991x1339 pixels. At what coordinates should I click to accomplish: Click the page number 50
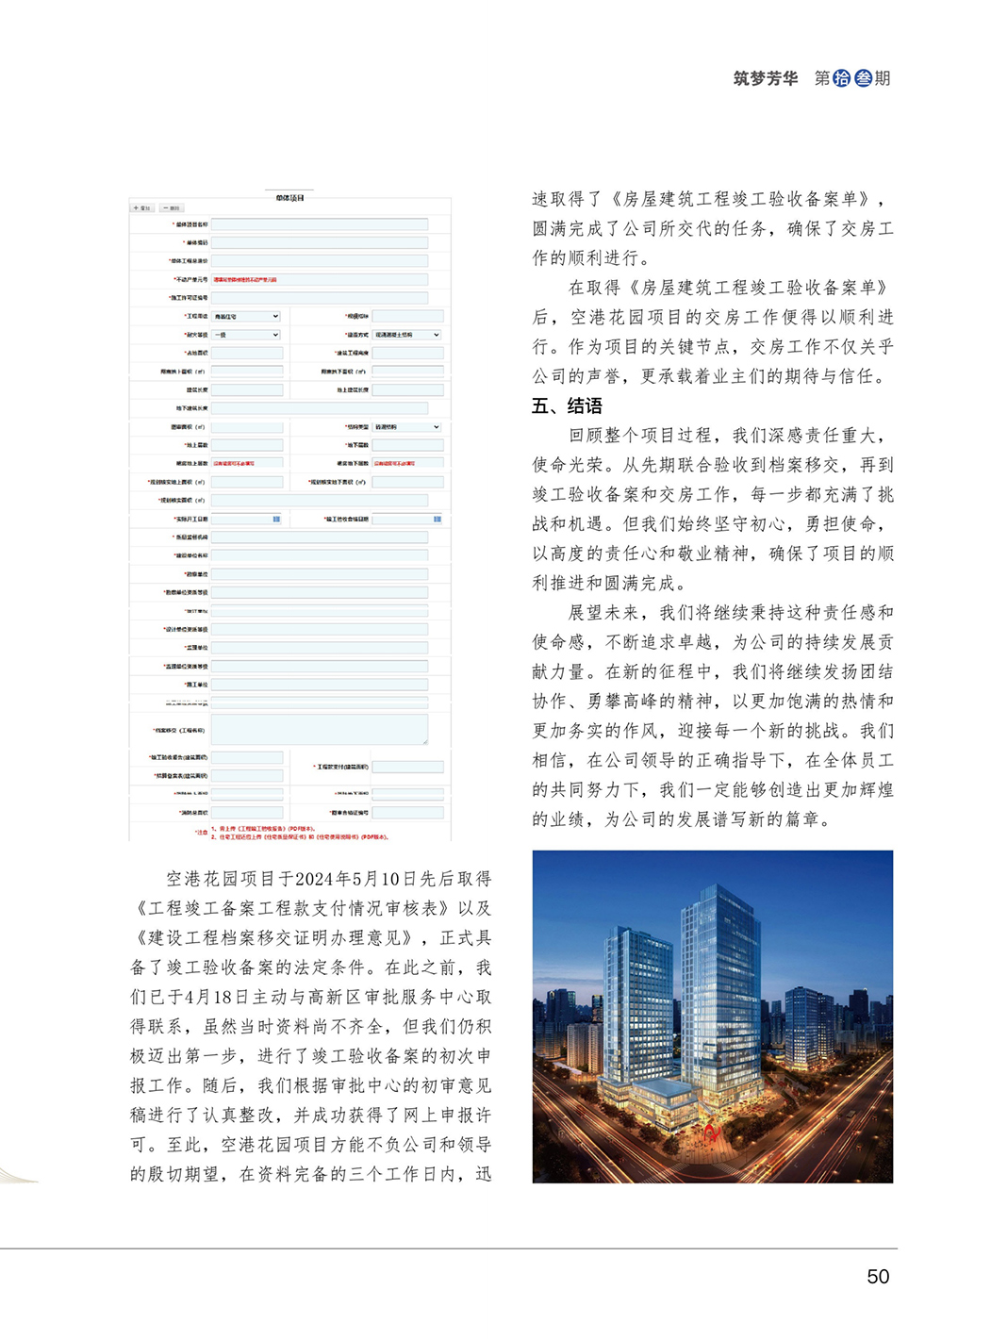[877, 1276]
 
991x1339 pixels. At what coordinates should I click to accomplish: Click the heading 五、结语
[567, 406]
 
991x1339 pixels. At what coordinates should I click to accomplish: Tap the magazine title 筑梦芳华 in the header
[765, 78]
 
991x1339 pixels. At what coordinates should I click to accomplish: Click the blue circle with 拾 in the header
[842, 78]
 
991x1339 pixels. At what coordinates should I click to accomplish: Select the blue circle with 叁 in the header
[863, 78]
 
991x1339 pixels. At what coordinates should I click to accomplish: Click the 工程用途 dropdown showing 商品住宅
[246, 317]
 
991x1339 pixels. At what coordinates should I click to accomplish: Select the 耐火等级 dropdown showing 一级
[246, 335]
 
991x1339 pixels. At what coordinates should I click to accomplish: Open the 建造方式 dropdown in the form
[406, 335]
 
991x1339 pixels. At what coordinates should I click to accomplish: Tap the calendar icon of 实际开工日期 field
[276, 520]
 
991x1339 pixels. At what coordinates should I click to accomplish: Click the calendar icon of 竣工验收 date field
[438, 520]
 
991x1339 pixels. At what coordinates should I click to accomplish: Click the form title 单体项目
[289, 198]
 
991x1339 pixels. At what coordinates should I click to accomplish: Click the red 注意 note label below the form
[201, 832]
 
